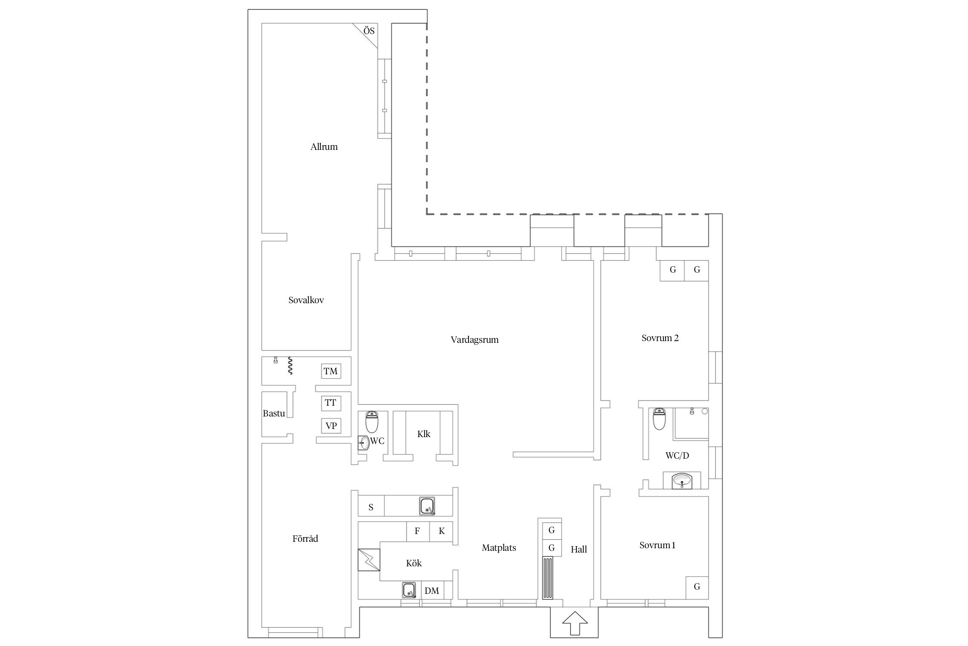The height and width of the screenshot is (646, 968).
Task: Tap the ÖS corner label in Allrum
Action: click(369, 31)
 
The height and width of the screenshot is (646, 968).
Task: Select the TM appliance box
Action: click(331, 371)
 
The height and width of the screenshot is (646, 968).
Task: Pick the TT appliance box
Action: click(331, 403)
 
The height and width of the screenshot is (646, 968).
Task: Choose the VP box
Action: click(331, 426)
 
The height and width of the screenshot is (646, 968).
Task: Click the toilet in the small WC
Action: click(372, 422)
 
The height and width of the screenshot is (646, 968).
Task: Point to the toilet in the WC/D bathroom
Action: click(659, 419)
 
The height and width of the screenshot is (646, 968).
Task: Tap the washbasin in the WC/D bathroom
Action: click(682, 481)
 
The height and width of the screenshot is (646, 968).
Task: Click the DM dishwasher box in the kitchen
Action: click(432, 591)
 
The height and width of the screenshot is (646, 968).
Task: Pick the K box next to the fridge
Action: click(441, 531)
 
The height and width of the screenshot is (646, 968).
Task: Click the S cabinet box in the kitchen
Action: click(371, 507)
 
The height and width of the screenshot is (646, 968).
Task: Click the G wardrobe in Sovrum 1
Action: click(697, 587)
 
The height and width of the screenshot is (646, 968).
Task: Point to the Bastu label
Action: click(274, 414)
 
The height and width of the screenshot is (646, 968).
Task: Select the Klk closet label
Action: click(424, 434)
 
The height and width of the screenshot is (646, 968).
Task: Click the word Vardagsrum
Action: click(475, 340)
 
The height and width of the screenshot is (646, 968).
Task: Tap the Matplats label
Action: click(499, 548)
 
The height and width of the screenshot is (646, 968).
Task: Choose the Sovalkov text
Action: click(306, 301)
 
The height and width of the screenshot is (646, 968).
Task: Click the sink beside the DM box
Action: click(409, 590)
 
